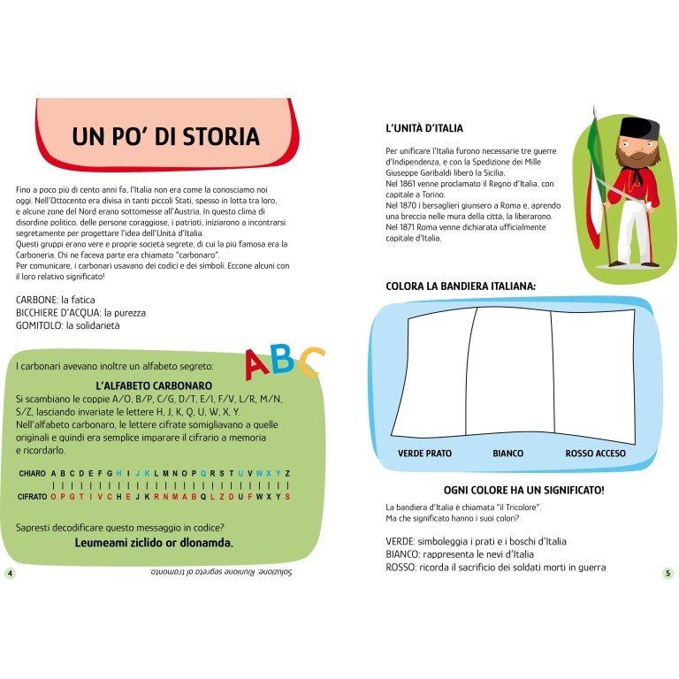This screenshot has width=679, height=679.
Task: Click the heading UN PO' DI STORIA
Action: (165, 136)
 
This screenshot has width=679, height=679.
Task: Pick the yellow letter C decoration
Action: (310, 362)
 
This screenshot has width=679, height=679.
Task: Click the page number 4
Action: (10, 573)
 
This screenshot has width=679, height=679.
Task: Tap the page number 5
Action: (668, 573)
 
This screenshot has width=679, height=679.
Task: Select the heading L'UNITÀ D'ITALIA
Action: (424, 128)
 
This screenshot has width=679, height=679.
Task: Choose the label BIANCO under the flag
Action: (507, 454)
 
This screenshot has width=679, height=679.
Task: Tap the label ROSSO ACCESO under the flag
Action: (595, 454)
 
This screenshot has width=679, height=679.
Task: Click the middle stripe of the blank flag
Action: (513, 371)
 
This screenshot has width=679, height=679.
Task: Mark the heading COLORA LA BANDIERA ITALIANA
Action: (461, 286)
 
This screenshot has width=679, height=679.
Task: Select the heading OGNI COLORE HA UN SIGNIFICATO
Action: (523, 489)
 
